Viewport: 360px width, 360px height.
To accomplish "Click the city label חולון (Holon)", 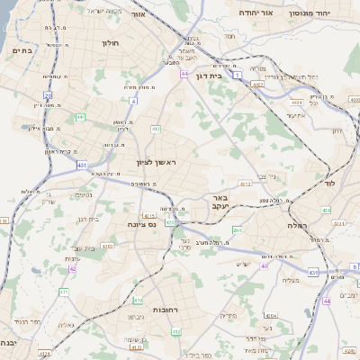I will [112, 41].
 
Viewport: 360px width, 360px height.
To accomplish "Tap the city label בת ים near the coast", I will [21, 50].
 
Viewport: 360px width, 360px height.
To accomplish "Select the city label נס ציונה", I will [141, 223].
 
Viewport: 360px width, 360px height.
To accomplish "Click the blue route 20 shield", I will [47, 94].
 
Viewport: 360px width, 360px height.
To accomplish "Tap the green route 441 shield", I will [80, 117].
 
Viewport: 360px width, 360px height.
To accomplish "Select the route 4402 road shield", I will [257, 85].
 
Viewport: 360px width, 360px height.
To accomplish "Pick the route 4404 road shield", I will [296, 103].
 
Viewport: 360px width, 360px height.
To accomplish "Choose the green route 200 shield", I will [237, 230].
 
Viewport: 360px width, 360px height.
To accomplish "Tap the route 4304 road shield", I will [270, 316].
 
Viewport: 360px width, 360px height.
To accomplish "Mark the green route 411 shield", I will [64, 292].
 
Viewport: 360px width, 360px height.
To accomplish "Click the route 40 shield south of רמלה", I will [265, 265].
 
